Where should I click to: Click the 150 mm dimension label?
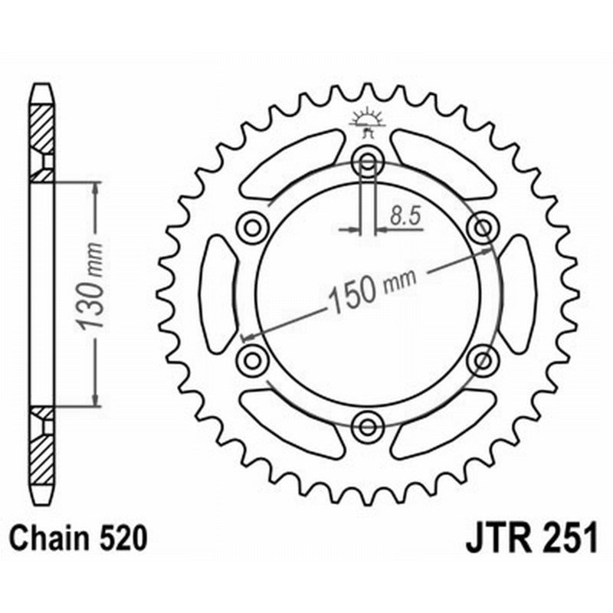pos(372,289)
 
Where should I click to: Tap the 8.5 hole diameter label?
pos(405,216)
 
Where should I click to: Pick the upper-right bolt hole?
pos(483,227)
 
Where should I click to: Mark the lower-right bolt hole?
pos(483,358)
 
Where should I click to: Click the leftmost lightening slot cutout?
pos(218,293)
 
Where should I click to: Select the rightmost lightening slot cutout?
pos(519,293)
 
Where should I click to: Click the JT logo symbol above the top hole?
pos(367,123)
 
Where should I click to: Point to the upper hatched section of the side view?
pos(42,130)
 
